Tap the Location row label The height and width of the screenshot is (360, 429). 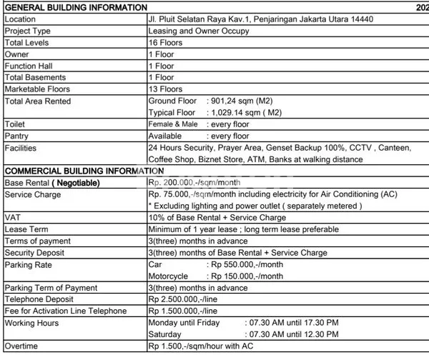click(21, 19)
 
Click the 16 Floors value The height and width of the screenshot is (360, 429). click(165, 42)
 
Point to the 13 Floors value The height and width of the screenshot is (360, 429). click(165, 89)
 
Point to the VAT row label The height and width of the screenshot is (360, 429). click(13, 217)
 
